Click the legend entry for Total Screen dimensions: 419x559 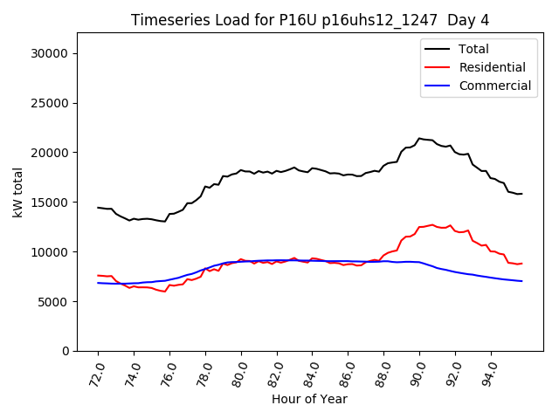point(473,50)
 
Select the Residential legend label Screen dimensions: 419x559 point(492,67)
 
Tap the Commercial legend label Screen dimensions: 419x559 point(495,86)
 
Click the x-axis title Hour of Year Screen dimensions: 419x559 point(309,400)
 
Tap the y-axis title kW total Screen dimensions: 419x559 point(18,192)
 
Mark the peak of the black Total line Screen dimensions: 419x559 point(419,138)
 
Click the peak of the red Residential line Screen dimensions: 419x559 point(432,224)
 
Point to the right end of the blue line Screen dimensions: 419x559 point(521,281)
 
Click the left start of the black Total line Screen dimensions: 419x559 point(98,208)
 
